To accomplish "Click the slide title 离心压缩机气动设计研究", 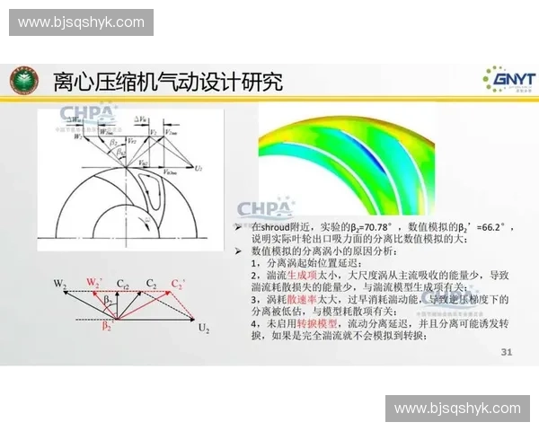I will pyautogui.click(x=168, y=83).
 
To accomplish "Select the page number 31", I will pyautogui.click(x=506, y=352).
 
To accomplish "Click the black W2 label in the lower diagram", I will pyautogui.click(x=60, y=284).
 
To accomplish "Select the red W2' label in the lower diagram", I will pyautogui.click(x=93, y=282).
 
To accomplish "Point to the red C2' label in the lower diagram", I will pyautogui.click(x=179, y=284).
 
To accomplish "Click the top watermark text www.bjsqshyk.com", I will pyautogui.click(x=81, y=22).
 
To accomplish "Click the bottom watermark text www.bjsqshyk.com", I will pyautogui.click(x=457, y=409).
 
